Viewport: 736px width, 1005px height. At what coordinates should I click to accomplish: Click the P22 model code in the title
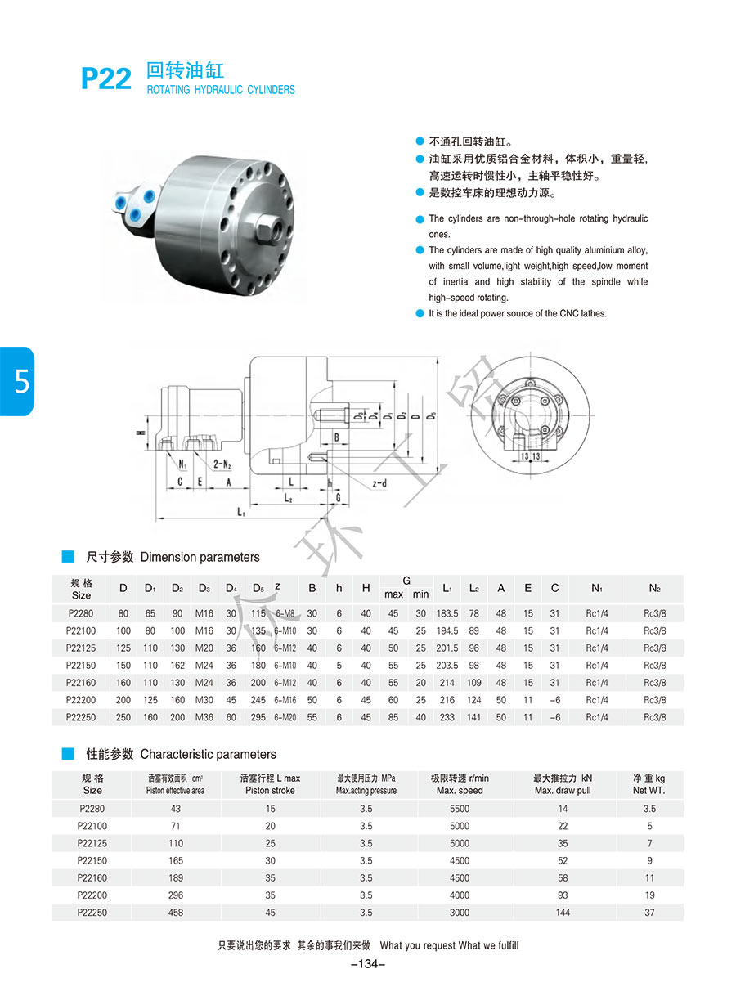tap(106, 79)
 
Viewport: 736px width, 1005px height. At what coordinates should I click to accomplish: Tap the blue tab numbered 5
tap(17, 381)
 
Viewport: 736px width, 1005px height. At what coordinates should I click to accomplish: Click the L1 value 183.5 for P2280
tap(447, 613)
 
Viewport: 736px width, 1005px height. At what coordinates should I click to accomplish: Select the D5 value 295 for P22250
tap(258, 717)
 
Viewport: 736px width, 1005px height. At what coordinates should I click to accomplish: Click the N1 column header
tap(597, 588)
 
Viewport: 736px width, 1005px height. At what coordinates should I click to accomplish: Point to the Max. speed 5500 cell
tap(460, 809)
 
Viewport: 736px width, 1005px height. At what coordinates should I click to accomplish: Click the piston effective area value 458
tap(175, 913)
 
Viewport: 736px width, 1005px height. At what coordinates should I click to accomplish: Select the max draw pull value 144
tap(563, 913)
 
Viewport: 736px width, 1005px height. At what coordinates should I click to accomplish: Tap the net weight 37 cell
tap(649, 913)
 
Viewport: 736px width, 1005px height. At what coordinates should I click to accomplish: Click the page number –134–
tap(367, 964)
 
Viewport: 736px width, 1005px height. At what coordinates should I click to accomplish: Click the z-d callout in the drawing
tap(379, 484)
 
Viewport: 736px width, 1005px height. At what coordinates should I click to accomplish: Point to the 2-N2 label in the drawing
tap(222, 464)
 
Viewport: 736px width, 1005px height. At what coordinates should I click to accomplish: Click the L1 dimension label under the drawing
tap(241, 513)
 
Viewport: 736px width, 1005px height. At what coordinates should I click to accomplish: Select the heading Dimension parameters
tap(200, 557)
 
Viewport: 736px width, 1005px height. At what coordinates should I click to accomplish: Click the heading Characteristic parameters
tap(208, 754)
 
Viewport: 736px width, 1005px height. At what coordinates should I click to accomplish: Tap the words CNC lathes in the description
tap(582, 313)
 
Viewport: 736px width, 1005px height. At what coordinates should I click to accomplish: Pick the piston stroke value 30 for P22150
tap(271, 860)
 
